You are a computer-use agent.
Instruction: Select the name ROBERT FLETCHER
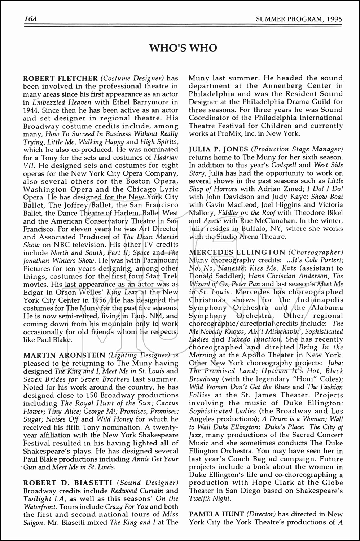tap(60, 78)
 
